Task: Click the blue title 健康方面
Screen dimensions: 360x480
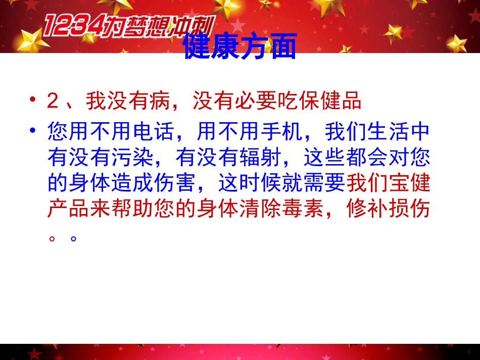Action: click(240, 47)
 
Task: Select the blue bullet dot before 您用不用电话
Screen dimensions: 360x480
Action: click(33, 131)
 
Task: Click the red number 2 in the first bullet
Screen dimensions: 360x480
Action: click(53, 101)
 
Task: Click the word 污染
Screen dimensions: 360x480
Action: click(133, 158)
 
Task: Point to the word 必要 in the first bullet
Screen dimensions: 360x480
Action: click(246, 101)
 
